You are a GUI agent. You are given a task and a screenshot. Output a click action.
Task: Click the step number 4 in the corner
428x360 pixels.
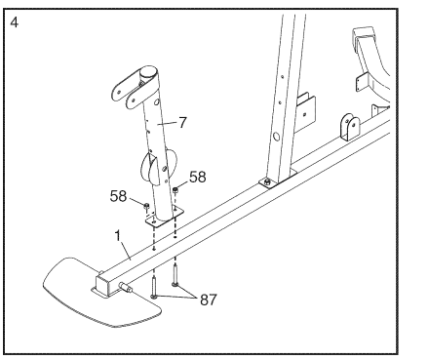pyautogui.click(x=15, y=22)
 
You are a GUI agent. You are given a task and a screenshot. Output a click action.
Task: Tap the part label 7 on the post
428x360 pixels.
pyautogui.click(x=183, y=123)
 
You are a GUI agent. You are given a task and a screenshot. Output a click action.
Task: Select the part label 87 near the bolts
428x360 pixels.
pyautogui.click(x=208, y=300)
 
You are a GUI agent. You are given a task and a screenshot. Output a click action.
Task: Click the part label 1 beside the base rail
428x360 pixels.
pyautogui.click(x=118, y=236)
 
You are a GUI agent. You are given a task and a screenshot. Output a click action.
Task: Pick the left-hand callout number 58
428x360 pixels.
pyautogui.click(x=118, y=196)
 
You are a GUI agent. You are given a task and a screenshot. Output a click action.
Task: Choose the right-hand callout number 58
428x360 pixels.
pyautogui.click(x=198, y=178)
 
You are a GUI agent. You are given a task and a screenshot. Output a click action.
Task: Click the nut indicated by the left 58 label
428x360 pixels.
pyautogui.click(x=146, y=206)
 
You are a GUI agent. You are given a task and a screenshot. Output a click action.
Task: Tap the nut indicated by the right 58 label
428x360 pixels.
pyautogui.click(x=175, y=189)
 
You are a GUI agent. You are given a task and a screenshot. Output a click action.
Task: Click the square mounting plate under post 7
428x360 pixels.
pyautogui.click(x=164, y=217)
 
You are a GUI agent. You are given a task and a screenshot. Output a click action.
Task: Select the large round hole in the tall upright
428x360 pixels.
pyautogui.click(x=277, y=136)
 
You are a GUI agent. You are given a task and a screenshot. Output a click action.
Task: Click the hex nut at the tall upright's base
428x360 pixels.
pyautogui.click(x=267, y=182)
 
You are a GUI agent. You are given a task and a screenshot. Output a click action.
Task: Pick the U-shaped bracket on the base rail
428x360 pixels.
pyautogui.click(x=349, y=127)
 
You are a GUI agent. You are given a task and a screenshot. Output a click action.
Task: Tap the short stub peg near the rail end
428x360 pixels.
pyautogui.click(x=125, y=288)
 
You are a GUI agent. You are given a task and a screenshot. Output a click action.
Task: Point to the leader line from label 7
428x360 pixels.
pyautogui.click(x=168, y=123)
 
